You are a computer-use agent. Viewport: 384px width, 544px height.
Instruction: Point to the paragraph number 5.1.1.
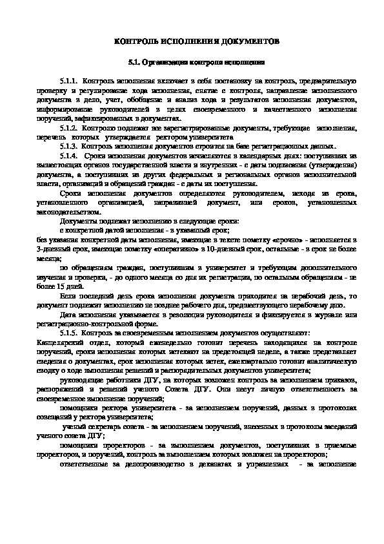[68, 83]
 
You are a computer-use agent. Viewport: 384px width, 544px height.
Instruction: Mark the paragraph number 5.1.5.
[68, 331]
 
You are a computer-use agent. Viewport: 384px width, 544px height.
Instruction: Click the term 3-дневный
[52, 248]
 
